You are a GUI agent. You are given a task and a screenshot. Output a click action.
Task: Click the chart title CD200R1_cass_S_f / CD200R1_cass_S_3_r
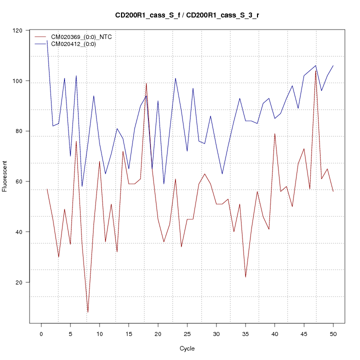coord(187,15)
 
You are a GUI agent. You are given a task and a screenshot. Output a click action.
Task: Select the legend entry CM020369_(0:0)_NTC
coord(78,37)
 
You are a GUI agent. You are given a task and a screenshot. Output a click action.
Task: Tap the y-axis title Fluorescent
coord(5,176)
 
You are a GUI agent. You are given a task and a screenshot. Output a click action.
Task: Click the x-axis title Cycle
coord(187,348)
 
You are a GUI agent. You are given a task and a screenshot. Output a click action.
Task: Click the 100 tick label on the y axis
coord(20,81)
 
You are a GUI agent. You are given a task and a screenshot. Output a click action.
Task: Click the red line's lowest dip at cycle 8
coord(88,312)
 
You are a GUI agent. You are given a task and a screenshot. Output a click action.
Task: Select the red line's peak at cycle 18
coord(146,83)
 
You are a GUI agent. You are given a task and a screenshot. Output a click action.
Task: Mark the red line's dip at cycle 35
coord(245,277)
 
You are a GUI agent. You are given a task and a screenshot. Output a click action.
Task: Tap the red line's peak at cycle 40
coord(274,133)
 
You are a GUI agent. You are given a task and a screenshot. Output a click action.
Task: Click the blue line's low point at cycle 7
coord(82,186)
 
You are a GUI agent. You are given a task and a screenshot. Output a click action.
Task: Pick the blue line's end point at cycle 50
coord(333,65)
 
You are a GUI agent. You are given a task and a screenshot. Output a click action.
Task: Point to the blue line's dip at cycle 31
coord(222,174)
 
